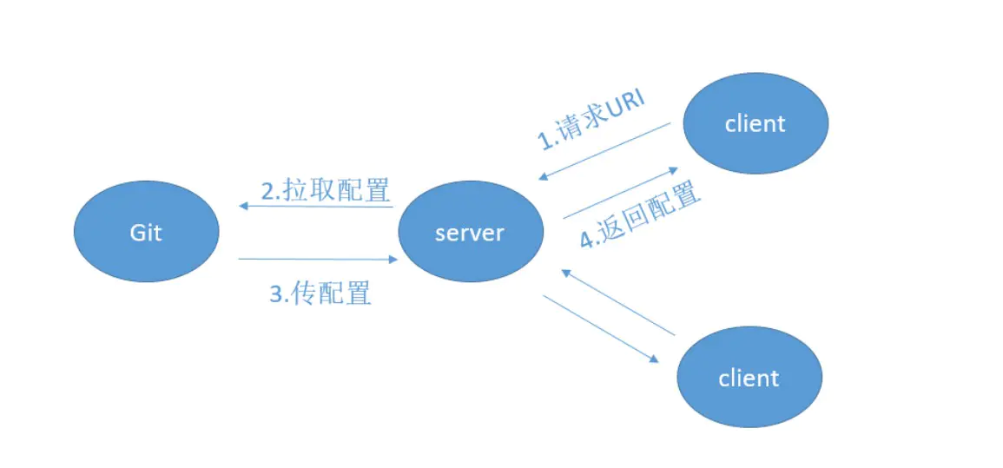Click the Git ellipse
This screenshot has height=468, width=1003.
point(146,232)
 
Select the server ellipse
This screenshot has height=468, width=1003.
point(471,232)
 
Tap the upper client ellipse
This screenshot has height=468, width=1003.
point(756,123)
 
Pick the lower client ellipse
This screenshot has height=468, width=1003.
point(749,378)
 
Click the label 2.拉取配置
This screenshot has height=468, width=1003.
point(326,188)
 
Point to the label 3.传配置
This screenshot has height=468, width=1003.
point(320,293)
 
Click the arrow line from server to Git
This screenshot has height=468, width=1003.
point(317,206)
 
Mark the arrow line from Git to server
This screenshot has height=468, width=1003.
point(317,259)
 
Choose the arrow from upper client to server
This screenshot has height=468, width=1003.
point(605,151)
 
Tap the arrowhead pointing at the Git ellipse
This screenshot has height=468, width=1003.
point(244,206)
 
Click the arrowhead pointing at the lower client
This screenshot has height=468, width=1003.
point(653,359)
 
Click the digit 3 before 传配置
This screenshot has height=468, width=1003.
point(277,294)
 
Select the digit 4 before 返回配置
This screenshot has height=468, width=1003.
point(588,240)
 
